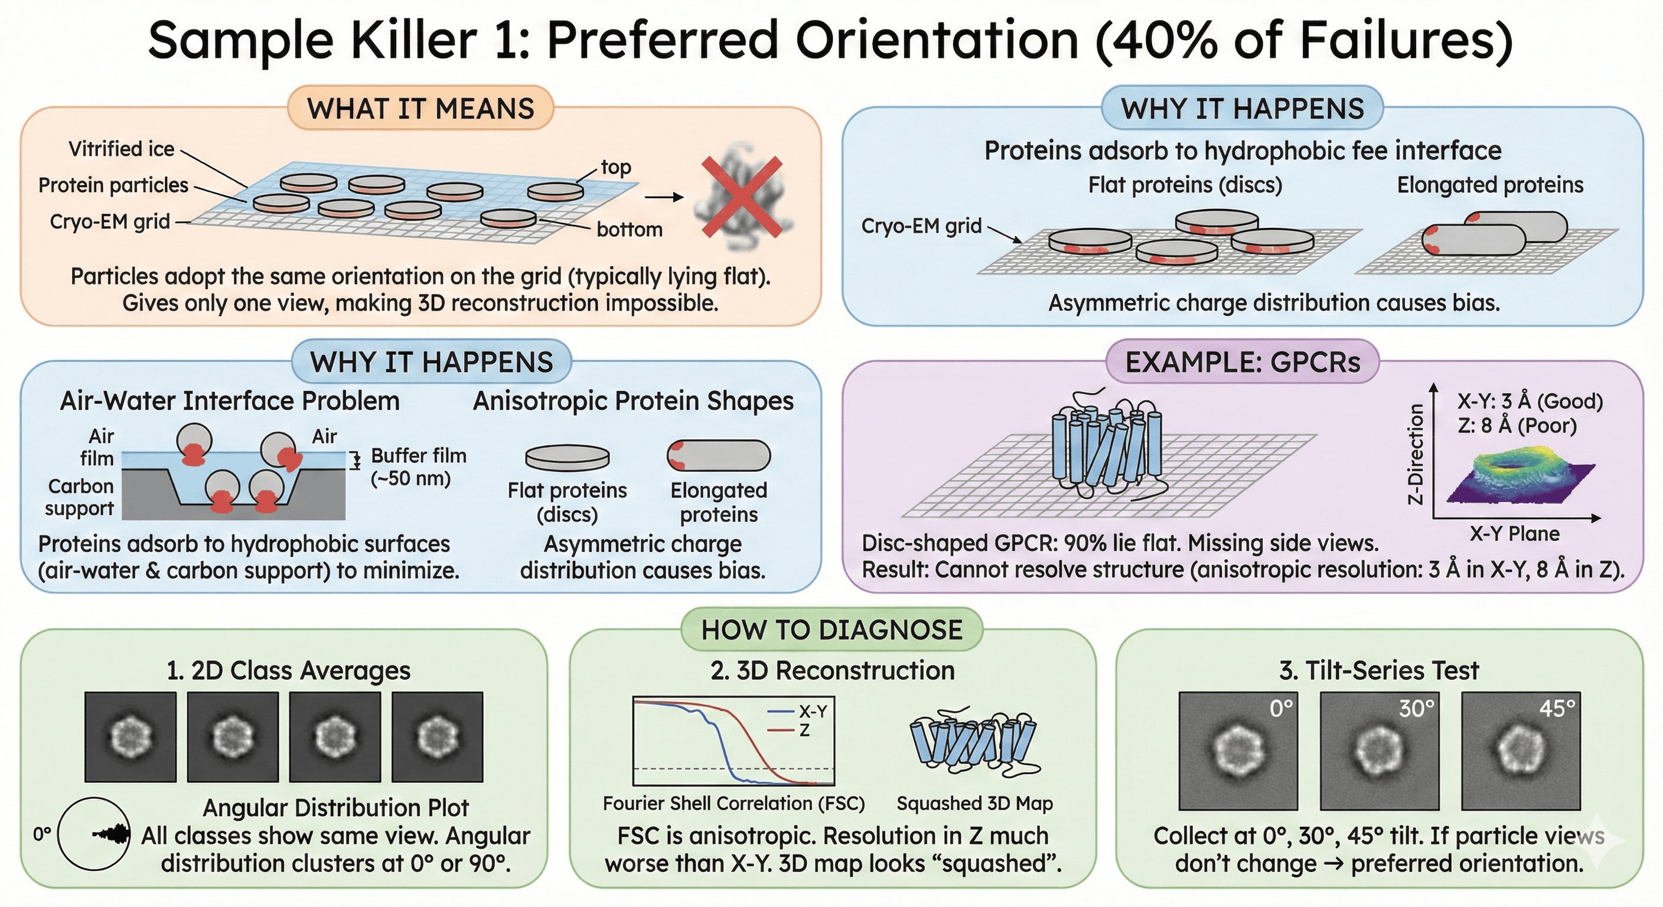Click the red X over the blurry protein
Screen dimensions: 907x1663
click(742, 195)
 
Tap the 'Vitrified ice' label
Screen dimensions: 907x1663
click(122, 149)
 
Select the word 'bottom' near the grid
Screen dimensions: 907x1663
click(630, 230)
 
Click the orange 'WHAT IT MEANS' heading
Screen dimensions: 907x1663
click(420, 109)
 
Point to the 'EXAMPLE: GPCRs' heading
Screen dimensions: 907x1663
click(1242, 362)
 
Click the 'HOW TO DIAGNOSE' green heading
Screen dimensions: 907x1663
click(831, 630)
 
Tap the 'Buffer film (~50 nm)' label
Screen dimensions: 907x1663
click(418, 466)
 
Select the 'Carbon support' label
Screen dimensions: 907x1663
click(80, 497)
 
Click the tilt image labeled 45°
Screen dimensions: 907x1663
click(1520, 751)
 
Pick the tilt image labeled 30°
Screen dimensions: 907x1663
click(1379, 751)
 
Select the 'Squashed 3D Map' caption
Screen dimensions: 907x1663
click(974, 804)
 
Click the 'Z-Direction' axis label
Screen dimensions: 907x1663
click(1415, 454)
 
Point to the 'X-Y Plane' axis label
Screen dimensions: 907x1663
click(1514, 534)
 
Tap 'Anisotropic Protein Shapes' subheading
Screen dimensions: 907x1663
click(632, 401)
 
